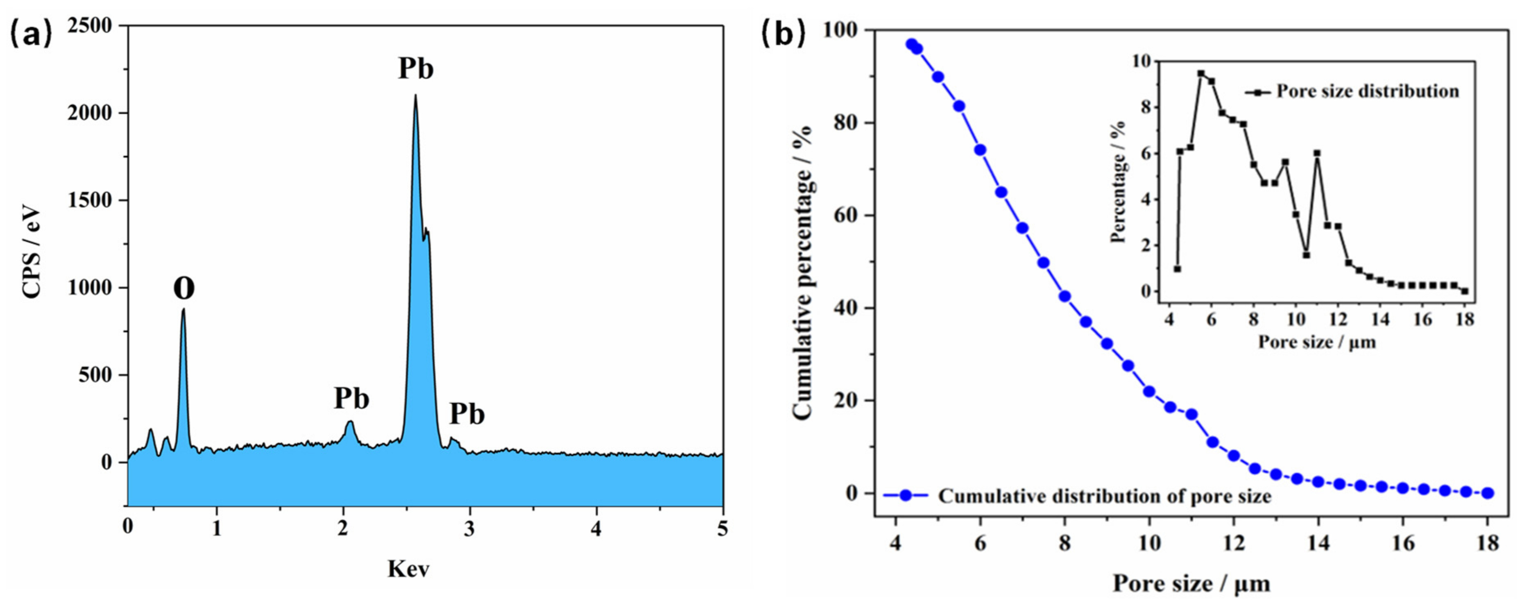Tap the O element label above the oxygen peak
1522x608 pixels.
pyautogui.click(x=184, y=288)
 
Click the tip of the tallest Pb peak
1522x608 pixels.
pyautogui.click(x=415, y=96)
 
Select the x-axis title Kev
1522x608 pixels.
pyautogui.click(x=408, y=569)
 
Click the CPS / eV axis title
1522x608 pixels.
pyautogui.click(x=31, y=252)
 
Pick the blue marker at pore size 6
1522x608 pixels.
pyautogui.click(x=980, y=150)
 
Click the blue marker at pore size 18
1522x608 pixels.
pyautogui.click(x=1488, y=493)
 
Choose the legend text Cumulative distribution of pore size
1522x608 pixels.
pyautogui.click(x=1104, y=496)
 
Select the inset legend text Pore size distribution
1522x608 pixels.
pyautogui.click(x=1368, y=91)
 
